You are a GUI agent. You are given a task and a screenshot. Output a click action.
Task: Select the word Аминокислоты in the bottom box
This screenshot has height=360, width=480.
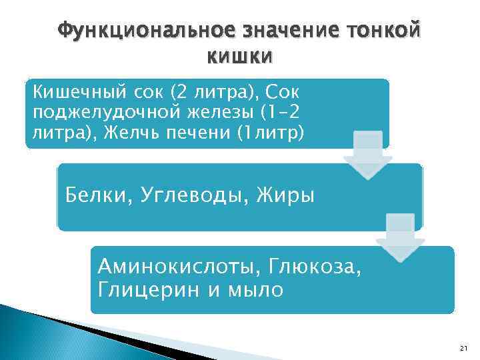178,268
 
